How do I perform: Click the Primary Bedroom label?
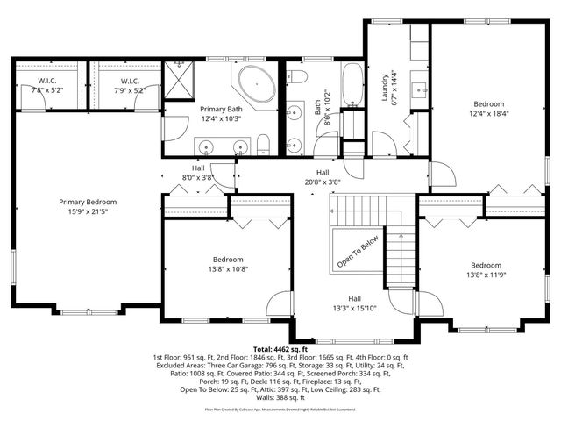click(x=88, y=202)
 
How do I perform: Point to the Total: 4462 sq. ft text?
click(x=281, y=348)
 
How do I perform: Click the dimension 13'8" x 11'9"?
click(x=485, y=275)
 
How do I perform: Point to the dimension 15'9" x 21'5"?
click(x=88, y=211)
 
